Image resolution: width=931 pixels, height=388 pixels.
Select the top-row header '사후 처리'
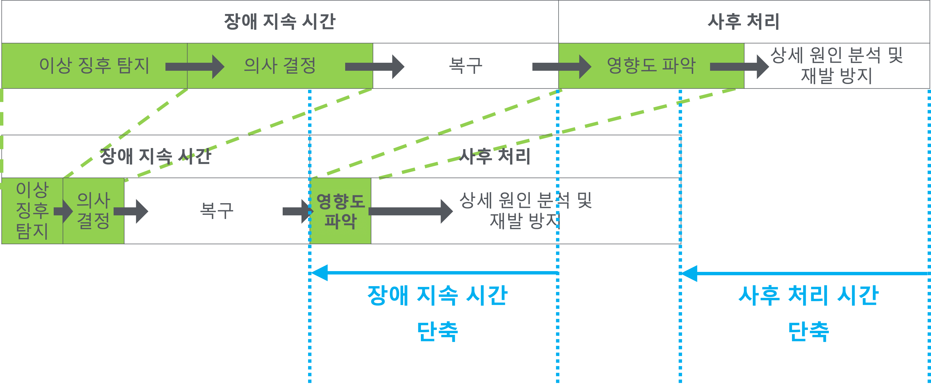coord(744,22)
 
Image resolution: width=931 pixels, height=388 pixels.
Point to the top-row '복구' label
coord(465,66)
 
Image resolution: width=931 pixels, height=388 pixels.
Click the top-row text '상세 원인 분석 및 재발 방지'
coord(836,66)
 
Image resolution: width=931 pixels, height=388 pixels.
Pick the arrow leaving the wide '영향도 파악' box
coord(739,66)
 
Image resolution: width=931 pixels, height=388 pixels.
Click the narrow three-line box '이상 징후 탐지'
coord(32,211)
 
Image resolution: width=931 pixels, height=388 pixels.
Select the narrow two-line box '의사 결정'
coord(93,211)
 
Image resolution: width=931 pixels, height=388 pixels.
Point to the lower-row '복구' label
coord(217,211)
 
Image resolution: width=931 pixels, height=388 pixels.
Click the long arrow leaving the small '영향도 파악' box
coord(411,211)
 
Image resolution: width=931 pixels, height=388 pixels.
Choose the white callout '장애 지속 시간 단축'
coord(437,313)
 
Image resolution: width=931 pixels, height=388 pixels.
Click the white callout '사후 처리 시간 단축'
coord(808,313)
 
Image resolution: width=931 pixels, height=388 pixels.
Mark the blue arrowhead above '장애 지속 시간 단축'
coord(320,273)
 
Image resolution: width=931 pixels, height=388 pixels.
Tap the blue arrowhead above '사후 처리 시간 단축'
coord(689,273)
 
